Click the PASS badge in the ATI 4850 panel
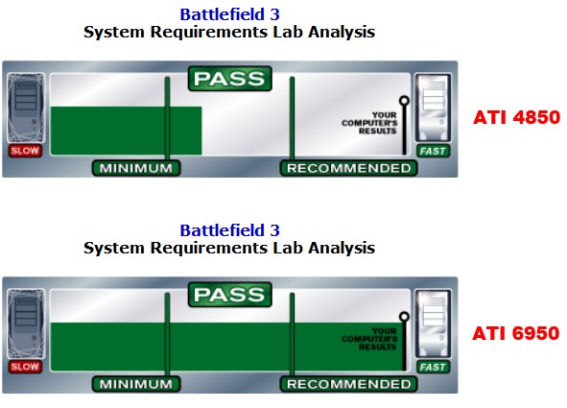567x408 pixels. pos(230,79)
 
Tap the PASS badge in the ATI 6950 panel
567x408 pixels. pos(230,295)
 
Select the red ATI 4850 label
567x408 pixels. pos(516,117)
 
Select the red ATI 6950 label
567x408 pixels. pos(516,333)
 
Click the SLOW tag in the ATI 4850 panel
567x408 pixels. pos(25,151)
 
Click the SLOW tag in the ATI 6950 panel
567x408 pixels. pos(25,367)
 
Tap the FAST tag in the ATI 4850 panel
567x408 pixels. pos(433,151)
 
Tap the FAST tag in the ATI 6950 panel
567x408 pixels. pos(433,367)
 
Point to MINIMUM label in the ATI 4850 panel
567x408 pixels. pos(136,168)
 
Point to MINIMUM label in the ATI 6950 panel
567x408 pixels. pos(136,384)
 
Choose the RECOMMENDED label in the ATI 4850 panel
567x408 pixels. pos(348,168)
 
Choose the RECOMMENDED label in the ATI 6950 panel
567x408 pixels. pos(348,384)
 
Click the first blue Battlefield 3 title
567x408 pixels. pos(230,14)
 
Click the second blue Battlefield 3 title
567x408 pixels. pos(230,230)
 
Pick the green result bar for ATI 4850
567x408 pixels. pos(126,131)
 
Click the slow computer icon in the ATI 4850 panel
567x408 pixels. pos(26,108)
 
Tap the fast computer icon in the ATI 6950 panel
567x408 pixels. pos(433,324)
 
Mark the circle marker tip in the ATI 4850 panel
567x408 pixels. pos(404,101)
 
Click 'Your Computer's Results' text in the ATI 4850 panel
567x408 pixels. pos(369,123)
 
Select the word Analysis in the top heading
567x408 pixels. pos(342,32)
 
